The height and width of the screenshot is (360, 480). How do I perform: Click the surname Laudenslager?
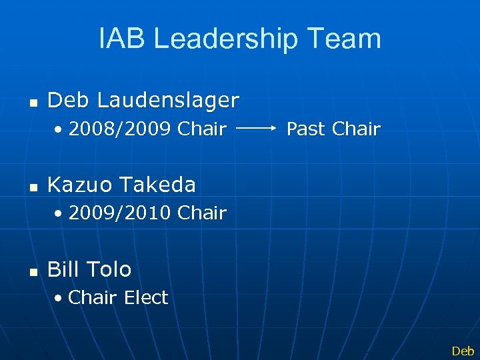coord(168,100)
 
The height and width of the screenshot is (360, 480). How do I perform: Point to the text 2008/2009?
coord(121,129)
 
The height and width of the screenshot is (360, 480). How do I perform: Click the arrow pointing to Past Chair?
coord(256,125)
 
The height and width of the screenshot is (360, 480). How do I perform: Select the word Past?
coord(306,129)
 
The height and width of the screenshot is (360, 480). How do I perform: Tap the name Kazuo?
coord(79,184)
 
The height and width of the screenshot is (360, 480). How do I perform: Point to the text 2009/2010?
coord(121,213)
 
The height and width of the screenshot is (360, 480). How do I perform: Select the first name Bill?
coord(63,269)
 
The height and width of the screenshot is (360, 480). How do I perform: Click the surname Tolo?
coord(108,269)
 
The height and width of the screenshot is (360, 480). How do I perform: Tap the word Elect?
coord(146,297)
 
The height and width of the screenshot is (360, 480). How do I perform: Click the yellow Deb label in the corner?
coord(463,351)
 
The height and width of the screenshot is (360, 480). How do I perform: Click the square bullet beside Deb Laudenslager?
coord(33,103)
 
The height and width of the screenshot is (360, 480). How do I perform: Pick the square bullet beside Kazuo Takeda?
coord(33,187)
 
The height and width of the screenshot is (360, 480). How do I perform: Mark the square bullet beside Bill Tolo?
coord(33,271)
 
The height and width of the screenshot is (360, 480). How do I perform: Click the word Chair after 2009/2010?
coord(203,213)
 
